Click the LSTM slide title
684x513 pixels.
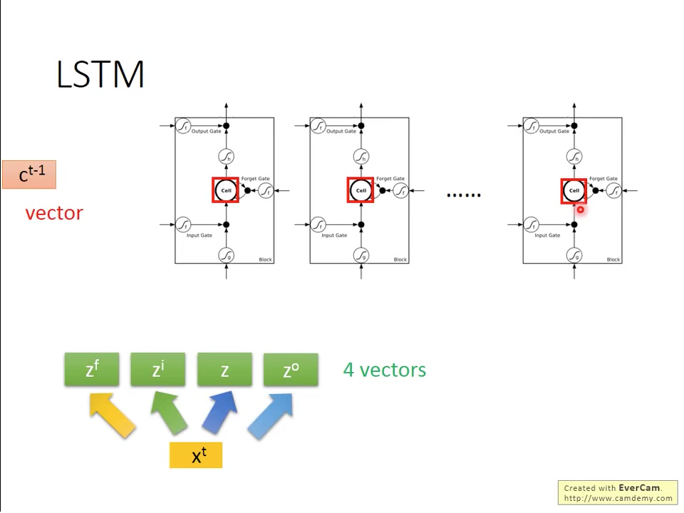100,75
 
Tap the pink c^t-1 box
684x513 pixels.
29,175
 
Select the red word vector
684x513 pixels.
54,213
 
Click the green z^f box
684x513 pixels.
92,370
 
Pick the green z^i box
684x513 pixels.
158,370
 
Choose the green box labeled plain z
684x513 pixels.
224,370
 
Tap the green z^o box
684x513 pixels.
291,370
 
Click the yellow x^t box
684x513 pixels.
196,455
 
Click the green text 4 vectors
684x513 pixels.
385,370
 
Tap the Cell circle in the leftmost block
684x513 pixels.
226,190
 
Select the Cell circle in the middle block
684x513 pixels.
361,190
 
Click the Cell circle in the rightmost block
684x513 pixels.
574,190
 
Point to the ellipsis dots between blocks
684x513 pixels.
463,195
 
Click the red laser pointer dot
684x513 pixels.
580,209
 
